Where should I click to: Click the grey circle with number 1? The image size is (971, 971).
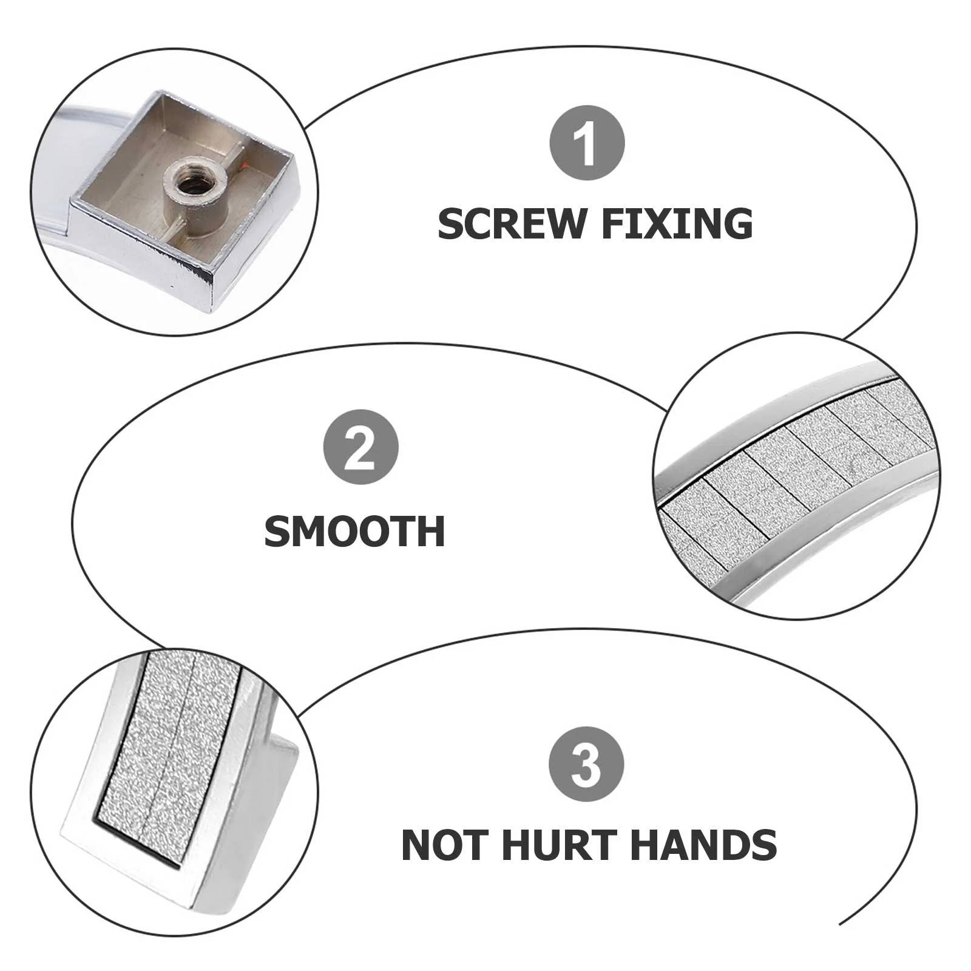point(587,143)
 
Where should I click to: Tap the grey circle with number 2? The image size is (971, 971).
point(360,447)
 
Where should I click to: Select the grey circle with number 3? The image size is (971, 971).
point(586,764)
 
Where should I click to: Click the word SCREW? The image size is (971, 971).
point(510,223)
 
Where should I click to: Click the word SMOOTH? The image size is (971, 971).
point(355,531)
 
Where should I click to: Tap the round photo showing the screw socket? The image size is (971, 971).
point(175,191)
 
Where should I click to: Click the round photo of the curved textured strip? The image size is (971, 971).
point(796,476)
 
